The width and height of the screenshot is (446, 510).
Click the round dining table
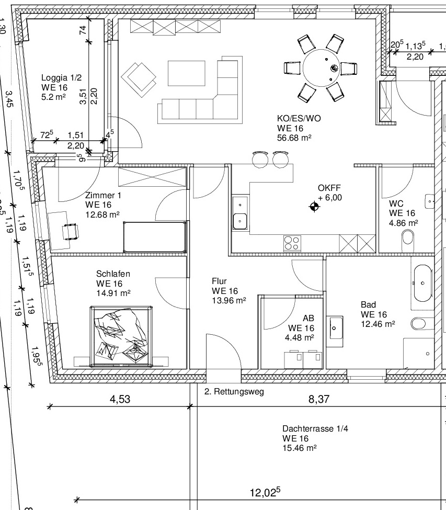[x=321, y=68]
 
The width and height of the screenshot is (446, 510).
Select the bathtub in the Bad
[x=422, y=283]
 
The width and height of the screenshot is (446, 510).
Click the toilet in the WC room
[x=408, y=237]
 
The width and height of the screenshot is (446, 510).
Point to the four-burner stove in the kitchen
[x=292, y=243]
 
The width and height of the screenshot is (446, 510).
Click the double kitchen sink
[x=240, y=213]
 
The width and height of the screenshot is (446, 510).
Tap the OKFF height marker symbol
[x=314, y=207]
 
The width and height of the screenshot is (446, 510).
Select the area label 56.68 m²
[x=294, y=138]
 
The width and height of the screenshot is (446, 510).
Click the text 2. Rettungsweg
[x=234, y=392]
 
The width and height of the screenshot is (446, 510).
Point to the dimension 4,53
[x=120, y=399]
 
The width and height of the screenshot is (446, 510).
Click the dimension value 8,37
[x=319, y=399]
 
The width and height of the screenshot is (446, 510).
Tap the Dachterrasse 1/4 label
[x=315, y=428]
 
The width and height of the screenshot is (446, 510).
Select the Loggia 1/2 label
[x=62, y=78]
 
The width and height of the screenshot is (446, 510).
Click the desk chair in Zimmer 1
[x=71, y=231]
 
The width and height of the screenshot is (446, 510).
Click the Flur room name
[x=219, y=281]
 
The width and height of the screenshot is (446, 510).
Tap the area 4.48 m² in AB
[x=300, y=337]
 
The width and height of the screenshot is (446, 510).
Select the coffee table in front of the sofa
[x=187, y=73]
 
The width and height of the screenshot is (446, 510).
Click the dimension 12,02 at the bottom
[x=265, y=492]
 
